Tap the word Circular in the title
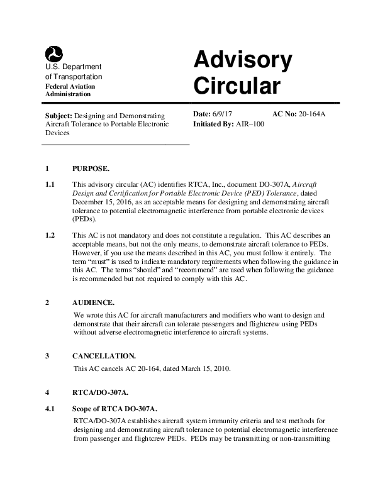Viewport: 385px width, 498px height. point(236,86)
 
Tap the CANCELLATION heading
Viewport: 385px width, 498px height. point(104,356)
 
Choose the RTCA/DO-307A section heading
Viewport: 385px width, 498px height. point(101,392)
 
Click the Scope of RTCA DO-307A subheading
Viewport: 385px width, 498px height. point(115,409)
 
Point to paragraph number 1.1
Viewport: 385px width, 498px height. point(51,184)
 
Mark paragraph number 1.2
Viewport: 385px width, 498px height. point(51,235)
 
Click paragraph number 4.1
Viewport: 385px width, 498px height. point(51,409)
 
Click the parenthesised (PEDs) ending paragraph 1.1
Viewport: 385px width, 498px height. point(85,219)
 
